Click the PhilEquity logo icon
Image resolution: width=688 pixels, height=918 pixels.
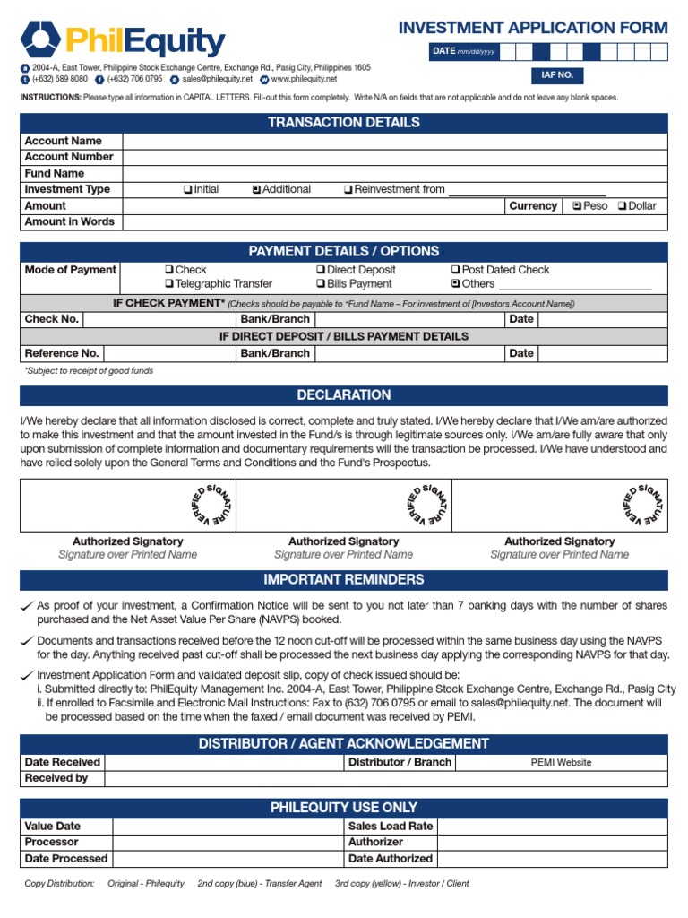[x=40, y=39]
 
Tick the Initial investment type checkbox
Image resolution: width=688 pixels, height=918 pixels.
[x=187, y=190]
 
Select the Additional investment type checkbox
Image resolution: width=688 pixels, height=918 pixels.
[x=256, y=190]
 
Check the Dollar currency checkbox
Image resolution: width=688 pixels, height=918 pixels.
[x=623, y=206]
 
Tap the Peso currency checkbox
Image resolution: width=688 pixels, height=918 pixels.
[x=577, y=206]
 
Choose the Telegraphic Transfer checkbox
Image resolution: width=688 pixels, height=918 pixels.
[x=169, y=284]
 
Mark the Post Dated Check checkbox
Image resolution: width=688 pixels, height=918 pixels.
[x=456, y=270]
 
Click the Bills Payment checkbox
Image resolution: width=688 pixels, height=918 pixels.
[x=321, y=284]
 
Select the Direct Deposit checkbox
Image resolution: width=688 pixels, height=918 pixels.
[x=321, y=270]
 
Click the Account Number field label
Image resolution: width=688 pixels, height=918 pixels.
[x=69, y=157]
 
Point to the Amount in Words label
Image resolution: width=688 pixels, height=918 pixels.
[x=69, y=221]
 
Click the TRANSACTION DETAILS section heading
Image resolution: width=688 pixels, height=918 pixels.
[x=344, y=123]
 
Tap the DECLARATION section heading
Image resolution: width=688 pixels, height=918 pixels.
[x=344, y=395]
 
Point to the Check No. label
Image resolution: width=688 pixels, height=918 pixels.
[x=52, y=319]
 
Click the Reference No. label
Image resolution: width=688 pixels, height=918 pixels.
[x=62, y=353]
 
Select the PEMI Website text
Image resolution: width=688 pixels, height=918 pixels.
[x=561, y=763]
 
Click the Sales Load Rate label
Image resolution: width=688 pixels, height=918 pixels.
[x=391, y=827]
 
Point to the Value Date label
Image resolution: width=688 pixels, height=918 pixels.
[x=53, y=827]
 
